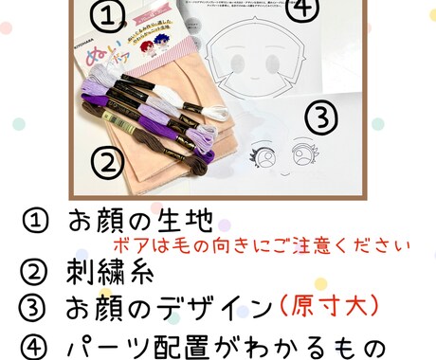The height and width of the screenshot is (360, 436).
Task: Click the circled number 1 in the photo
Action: pos(112,15)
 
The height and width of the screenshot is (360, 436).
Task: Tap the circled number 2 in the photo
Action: pos(111,160)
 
